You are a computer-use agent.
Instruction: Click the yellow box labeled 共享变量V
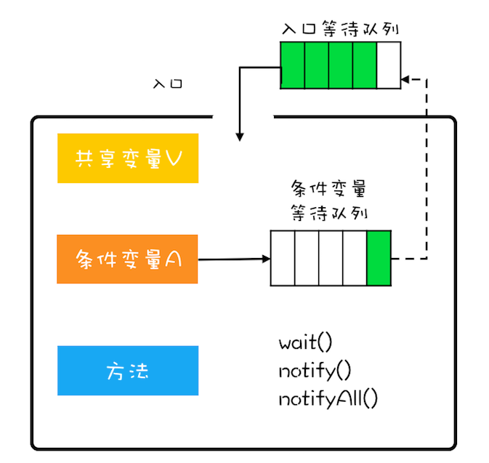click(x=128, y=158)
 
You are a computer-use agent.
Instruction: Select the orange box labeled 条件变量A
click(x=128, y=259)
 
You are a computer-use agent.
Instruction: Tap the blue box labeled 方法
click(x=128, y=371)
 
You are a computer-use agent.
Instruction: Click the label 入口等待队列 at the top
click(x=340, y=29)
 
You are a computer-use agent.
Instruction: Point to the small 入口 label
click(x=168, y=84)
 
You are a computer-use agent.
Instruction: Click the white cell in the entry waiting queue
click(x=389, y=65)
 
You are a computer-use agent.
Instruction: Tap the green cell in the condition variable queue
click(x=379, y=258)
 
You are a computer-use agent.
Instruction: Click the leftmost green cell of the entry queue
click(x=293, y=65)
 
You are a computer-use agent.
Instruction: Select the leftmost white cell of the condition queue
click(x=283, y=258)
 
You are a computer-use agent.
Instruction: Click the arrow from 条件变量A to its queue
click(x=233, y=259)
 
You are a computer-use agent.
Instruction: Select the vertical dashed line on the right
click(x=427, y=167)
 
